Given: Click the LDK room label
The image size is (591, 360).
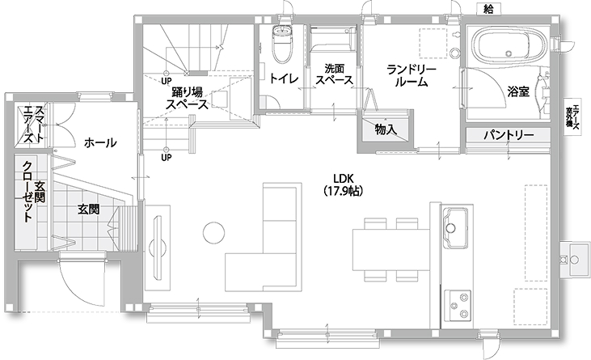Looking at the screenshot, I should coord(344,179).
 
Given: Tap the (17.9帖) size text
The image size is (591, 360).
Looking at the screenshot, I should coord(344,192).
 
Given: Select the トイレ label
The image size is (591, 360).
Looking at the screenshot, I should coord(284,78).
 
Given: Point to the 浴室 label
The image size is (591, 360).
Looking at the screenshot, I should coord(518,91).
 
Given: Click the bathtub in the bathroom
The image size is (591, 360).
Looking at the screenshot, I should coord(506,45).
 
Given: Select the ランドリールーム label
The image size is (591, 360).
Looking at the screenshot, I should coord(412,77).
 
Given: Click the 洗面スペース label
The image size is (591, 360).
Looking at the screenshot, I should coord(334,75).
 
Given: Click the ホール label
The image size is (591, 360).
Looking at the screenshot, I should coord(99,143).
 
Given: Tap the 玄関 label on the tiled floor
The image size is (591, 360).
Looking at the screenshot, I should coord(89,208).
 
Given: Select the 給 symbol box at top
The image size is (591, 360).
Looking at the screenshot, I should coord(488,8).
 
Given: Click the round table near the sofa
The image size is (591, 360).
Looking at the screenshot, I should coord(213,234).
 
